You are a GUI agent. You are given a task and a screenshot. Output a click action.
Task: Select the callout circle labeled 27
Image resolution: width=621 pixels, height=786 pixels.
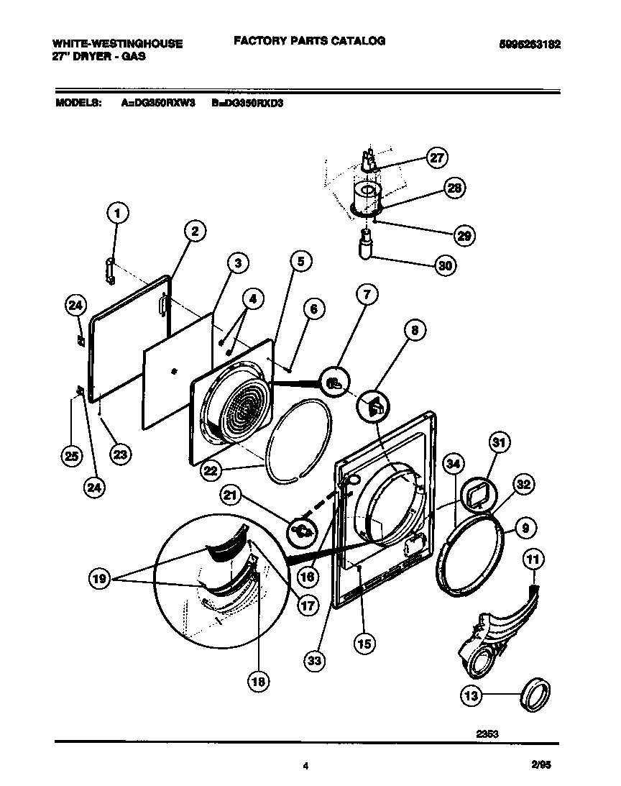click(x=436, y=158)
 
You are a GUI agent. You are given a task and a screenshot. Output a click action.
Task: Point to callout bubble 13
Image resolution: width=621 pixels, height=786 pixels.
click(x=471, y=695)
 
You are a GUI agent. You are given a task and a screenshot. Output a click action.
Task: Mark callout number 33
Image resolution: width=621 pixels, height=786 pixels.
click(x=313, y=659)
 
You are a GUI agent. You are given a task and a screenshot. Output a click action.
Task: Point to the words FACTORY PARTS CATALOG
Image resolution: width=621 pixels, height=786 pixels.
click(x=309, y=41)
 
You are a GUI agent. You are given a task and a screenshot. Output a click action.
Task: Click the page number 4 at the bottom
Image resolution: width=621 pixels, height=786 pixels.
click(x=307, y=767)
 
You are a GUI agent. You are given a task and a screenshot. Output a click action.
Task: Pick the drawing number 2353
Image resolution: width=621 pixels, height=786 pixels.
click(x=487, y=734)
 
